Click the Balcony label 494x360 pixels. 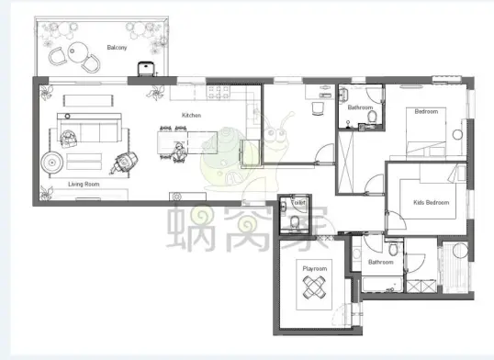coord(117,48)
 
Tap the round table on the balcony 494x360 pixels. coord(77,52)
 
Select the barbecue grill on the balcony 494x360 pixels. coord(146,69)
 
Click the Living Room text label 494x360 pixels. coord(84,184)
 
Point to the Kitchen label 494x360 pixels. coord(191,115)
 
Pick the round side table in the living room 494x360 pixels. coord(52,163)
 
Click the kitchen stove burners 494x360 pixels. coord(218,91)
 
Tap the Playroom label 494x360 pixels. coord(314,268)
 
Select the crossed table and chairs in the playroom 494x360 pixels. coord(314,287)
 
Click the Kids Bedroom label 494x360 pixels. coord(431,202)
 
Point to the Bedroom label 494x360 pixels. coord(426,111)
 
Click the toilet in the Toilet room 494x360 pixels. coord(295,222)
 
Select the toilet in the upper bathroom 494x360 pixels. coord(372,117)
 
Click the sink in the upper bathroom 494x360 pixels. coord(343,94)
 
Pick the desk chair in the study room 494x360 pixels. coord(318,108)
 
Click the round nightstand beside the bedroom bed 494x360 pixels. coord(457,135)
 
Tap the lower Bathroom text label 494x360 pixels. coord(380,262)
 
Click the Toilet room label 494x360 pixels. coord(298,203)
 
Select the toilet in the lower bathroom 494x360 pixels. coord(393,249)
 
